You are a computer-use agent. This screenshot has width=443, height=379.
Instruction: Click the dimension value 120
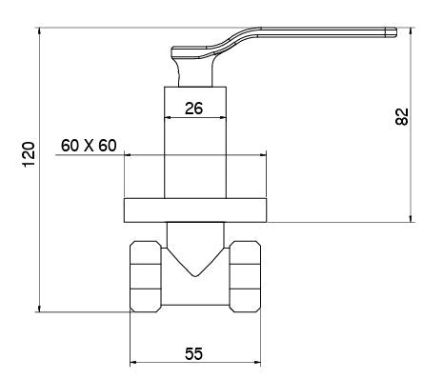[29, 153]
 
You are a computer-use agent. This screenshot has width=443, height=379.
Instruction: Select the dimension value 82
[401, 115]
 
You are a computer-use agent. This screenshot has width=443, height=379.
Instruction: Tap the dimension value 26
[193, 109]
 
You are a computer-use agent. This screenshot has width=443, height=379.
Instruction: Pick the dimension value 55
[193, 353]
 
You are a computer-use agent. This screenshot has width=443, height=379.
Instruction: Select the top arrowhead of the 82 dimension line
[412, 30]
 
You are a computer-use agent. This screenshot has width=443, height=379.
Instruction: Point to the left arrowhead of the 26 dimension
[170, 119]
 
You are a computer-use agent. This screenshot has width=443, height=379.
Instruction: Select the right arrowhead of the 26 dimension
[223, 119]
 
